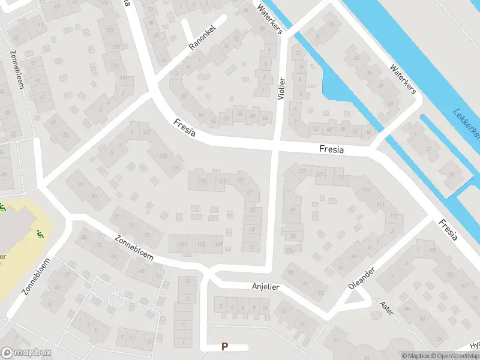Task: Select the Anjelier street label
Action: point(265,287)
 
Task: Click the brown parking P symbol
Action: point(225,346)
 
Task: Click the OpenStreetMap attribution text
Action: point(454,356)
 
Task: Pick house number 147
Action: point(146,133)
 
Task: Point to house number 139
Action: point(176,167)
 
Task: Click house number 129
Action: point(241,180)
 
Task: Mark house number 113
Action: point(380,205)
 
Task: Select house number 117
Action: point(393,217)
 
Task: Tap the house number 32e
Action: point(290,250)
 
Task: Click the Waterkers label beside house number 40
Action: point(402,79)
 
